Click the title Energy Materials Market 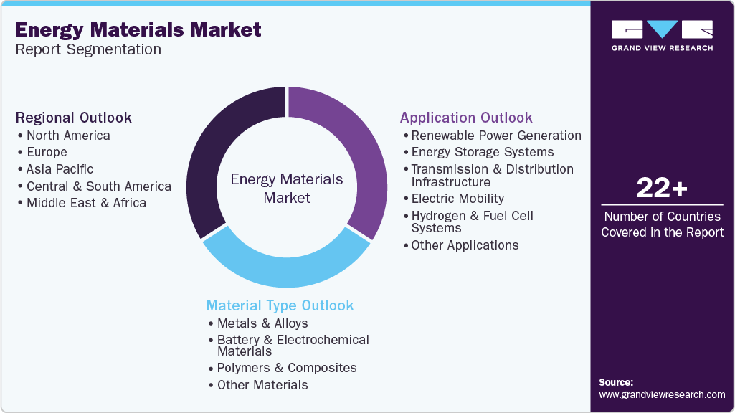pyautogui.click(x=138, y=30)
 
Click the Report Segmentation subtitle pyautogui.click(x=87, y=49)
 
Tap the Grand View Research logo pyautogui.click(x=662, y=36)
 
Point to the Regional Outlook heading pyautogui.click(x=74, y=118)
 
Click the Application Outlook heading pyautogui.click(x=466, y=118)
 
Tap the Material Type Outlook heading pyautogui.click(x=280, y=305)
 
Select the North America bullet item pyautogui.click(x=68, y=136)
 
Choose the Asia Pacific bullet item pyautogui.click(x=60, y=169)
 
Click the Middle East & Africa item pyautogui.click(x=86, y=203)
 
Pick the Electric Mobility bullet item pyautogui.click(x=457, y=199)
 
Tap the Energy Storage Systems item pyautogui.click(x=482, y=152)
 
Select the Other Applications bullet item pyautogui.click(x=465, y=245)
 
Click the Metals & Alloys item pyautogui.click(x=262, y=323)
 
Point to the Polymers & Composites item pyautogui.click(x=287, y=368)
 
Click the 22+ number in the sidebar pyautogui.click(x=662, y=189)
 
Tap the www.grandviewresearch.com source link pyautogui.click(x=662, y=394)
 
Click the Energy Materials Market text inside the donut pyautogui.click(x=286, y=188)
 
